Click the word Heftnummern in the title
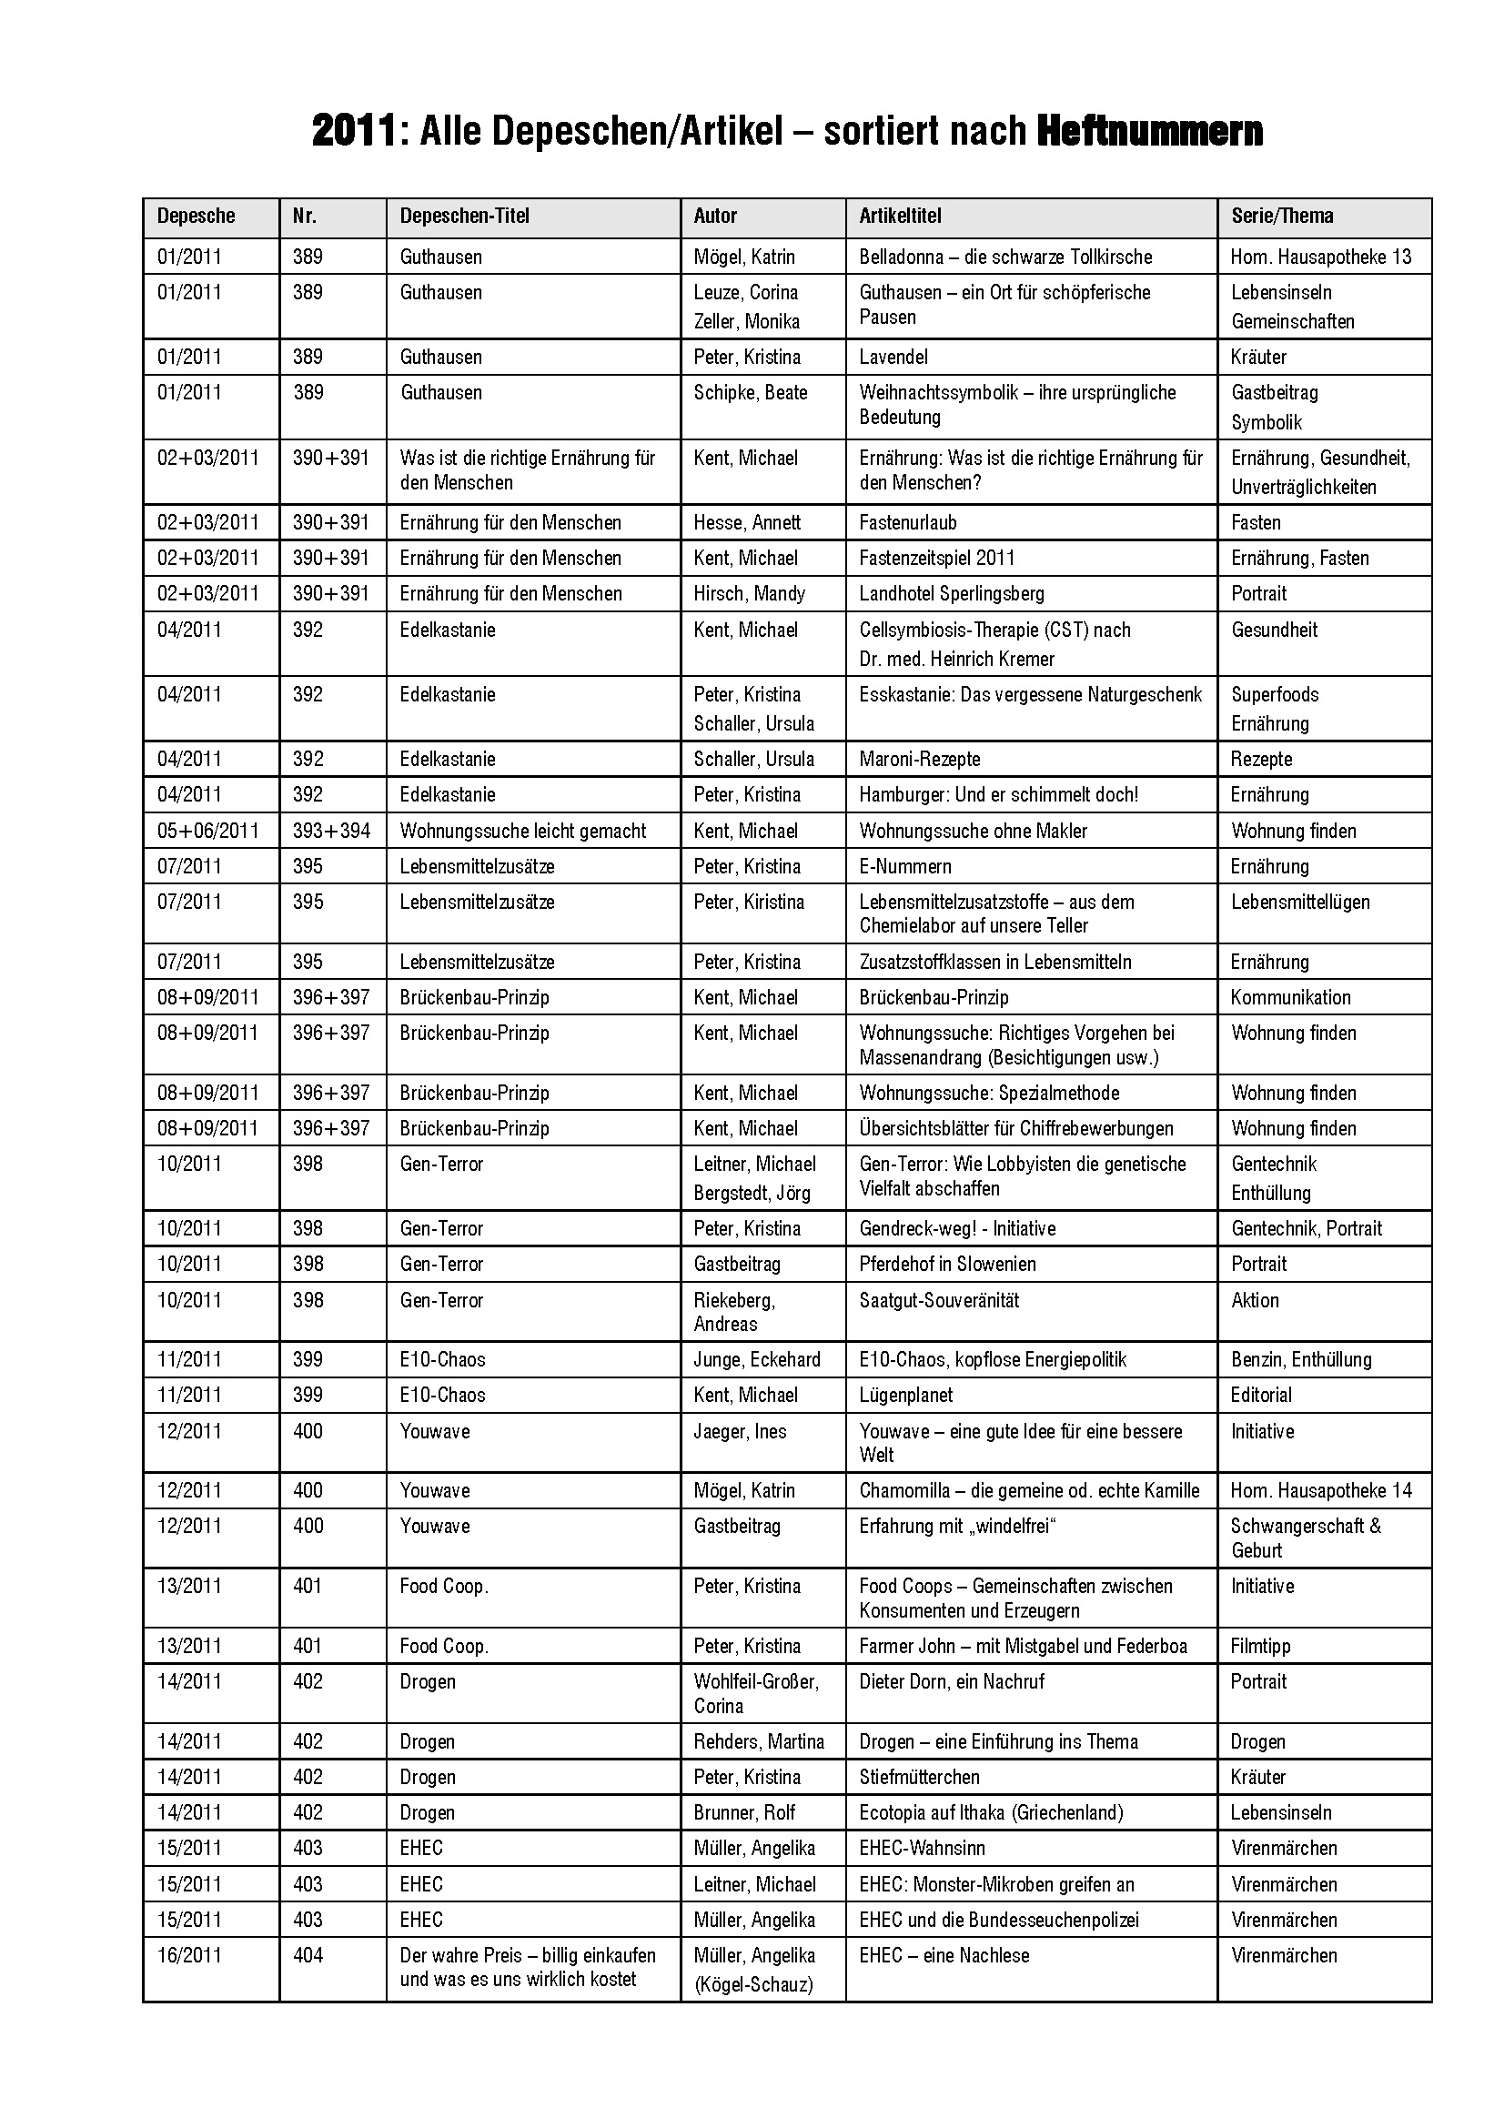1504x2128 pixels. pyautogui.click(x=1149, y=132)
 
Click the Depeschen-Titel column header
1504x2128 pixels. pyautogui.click(x=464, y=216)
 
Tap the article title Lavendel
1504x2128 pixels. pyautogui.click(x=893, y=357)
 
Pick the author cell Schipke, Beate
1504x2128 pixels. pyautogui.click(x=751, y=392)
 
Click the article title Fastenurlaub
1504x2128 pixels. pyautogui.click(x=907, y=523)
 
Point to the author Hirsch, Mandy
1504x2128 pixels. pyautogui.click(x=749, y=593)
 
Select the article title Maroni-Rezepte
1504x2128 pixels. pyautogui.click(x=919, y=759)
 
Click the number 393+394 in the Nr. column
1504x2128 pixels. pyautogui.click(x=331, y=831)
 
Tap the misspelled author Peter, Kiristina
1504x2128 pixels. pyautogui.click(x=749, y=902)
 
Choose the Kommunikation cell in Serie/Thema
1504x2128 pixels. pyautogui.click(x=1290, y=997)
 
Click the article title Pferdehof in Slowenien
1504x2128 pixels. pyautogui.click(x=947, y=1264)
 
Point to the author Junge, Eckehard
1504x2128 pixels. pyautogui.click(x=757, y=1359)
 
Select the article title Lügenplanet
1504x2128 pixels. pyautogui.click(x=905, y=1395)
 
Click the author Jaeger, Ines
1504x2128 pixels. pyautogui.click(x=740, y=1431)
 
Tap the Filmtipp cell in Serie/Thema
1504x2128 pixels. pyautogui.click(x=1260, y=1646)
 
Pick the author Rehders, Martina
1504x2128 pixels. pyautogui.click(x=759, y=1741)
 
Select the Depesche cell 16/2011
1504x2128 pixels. pyautogui.click(x=189, y=1956)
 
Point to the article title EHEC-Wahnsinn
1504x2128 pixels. pyautogui.click(x=922, y=1848)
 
